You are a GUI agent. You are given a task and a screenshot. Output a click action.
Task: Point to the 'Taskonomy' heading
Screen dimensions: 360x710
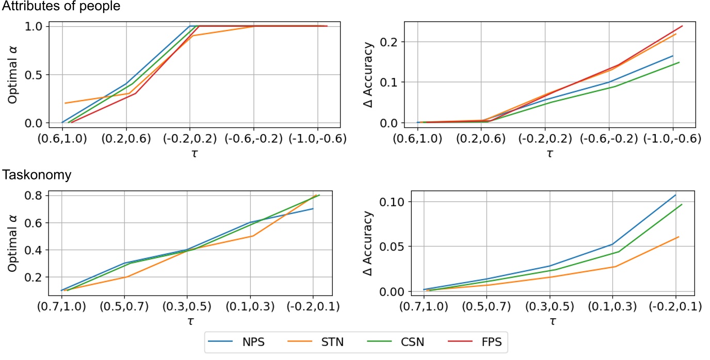coord(36,175)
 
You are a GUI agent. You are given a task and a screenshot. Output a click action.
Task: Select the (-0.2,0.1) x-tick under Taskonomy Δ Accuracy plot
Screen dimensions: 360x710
coord(675,307)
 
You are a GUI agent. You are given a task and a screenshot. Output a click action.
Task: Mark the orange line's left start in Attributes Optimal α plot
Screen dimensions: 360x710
coord(64,103)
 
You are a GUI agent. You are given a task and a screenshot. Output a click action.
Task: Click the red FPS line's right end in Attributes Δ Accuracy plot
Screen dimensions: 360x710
coord(682,26)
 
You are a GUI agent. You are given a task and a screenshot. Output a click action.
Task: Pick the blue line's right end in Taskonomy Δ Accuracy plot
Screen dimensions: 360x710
coord(675,194)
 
